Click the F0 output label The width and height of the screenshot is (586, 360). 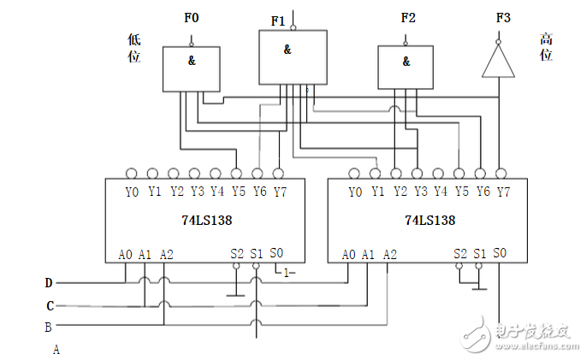pos(191,17)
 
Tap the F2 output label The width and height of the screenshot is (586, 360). pos(408,17)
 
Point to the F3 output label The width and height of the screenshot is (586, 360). pos(500,17)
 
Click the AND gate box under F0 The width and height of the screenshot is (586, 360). pos(192,68)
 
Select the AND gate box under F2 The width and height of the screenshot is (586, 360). pos(406,68)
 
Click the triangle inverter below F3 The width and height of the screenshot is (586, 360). pos(497,61)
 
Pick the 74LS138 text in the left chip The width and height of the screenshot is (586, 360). pos(208,220)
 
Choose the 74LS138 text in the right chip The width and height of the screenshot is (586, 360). pos(430,220)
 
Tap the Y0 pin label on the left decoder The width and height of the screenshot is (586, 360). pos(132,192)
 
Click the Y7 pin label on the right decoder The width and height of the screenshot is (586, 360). pos(503,192)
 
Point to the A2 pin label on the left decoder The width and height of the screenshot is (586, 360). pos(167,254)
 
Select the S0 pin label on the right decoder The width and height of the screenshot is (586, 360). pos(500,253)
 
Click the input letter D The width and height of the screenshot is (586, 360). pos(50,282)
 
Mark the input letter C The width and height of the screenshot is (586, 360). pos(50,304)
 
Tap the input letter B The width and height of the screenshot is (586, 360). pos(49,326)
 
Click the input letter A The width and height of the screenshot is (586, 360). pos(56,349)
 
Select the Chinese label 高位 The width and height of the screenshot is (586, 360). pos(546,47)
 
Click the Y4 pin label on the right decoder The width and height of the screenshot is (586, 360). pos(441,192)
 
